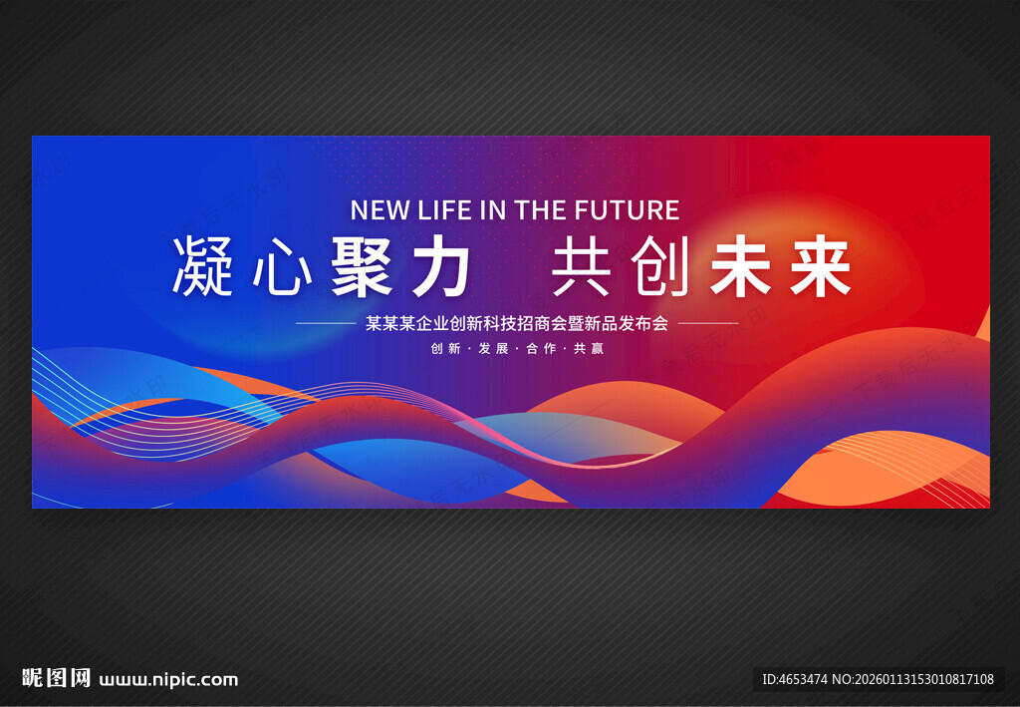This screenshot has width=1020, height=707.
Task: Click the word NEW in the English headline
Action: click(x=380, y=210)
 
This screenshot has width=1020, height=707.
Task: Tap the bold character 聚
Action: click(x=361, y=267)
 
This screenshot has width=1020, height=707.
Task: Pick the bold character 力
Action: click(x=439, y=267)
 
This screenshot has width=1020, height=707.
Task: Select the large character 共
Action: click(x=582, y=267)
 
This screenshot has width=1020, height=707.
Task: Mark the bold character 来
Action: click(x=820, y=267)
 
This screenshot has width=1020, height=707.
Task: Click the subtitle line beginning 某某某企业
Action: click(x=517, y=323)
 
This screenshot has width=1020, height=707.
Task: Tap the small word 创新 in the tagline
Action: click(x=445, y=349)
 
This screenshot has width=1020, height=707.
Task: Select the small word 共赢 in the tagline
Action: click(x=589, y=349)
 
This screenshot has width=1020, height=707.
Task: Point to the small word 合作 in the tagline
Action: click(x=541, y=349)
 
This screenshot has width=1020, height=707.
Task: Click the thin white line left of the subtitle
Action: click(x=326, y=324)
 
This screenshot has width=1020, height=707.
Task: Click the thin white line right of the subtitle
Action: click(x=708, y=324)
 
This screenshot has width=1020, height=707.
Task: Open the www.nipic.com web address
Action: click(x=168, y=680)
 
